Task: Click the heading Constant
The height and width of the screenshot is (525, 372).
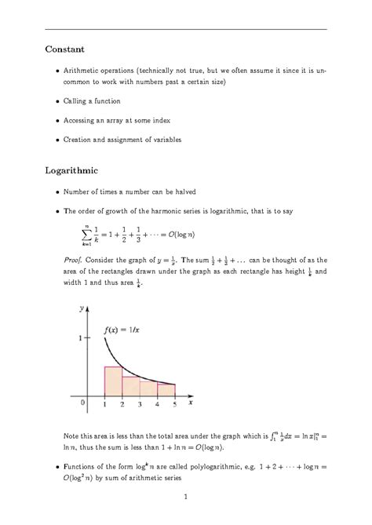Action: click(64, 49)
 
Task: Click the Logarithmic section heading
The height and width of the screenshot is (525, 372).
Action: click(73, 170)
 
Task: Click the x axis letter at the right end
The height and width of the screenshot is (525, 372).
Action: click(191, 403)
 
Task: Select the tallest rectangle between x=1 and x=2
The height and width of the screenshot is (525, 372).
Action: click(113, 380)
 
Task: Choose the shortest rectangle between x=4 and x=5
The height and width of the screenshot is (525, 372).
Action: click(166, 388)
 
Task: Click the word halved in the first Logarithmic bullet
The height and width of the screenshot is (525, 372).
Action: click(181, 191)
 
